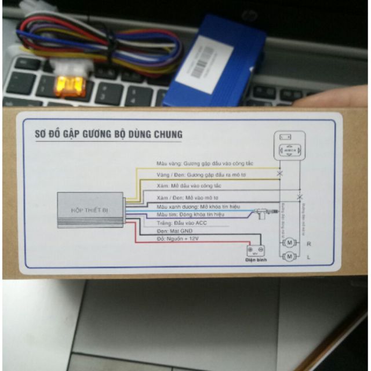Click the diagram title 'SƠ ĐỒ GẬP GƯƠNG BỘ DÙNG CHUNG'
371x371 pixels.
104,134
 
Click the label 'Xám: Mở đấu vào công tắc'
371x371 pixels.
189,185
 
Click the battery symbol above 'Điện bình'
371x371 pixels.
255,252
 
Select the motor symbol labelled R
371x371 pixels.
289,244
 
